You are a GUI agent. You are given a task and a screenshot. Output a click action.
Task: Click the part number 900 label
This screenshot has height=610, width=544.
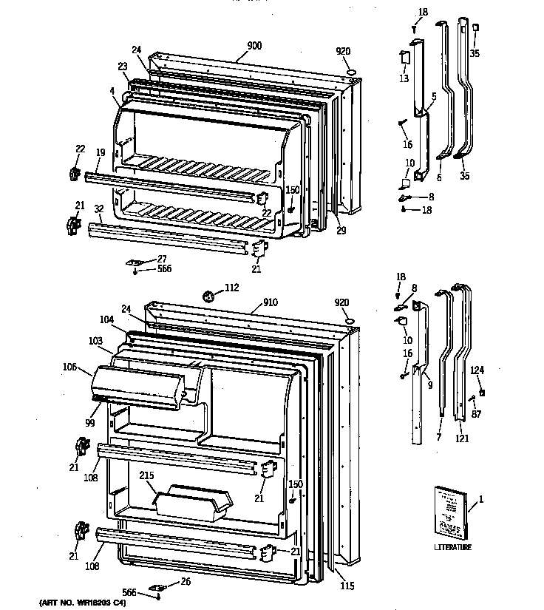click(254, 46)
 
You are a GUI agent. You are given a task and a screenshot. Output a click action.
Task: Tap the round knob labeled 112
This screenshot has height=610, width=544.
click(209, 297)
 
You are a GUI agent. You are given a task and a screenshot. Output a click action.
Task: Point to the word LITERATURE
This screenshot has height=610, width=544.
click(452, 547)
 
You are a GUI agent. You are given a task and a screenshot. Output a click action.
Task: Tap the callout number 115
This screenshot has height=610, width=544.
click(347, 586)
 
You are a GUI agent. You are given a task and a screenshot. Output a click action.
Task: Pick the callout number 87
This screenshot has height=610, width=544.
click(476, 414)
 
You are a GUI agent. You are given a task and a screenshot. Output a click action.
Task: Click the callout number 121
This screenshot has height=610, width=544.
click(462, 438)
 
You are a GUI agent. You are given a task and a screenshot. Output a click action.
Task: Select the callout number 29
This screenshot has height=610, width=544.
click(341, 231)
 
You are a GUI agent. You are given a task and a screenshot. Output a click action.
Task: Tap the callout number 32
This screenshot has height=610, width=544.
click(98, 209)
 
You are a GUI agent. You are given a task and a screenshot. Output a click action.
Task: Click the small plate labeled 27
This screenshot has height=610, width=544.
click(135, 261)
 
